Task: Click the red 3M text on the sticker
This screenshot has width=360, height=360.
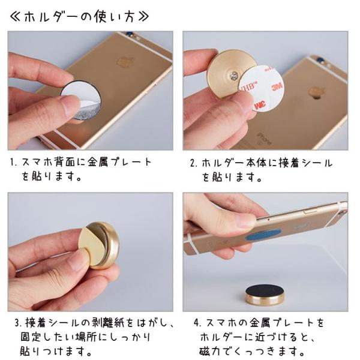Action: pos(277,86)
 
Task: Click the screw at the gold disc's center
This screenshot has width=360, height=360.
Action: pos(234,75)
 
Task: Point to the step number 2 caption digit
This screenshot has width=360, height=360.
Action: pos(193,163)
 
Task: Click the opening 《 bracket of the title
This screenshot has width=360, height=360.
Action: pos(16,17)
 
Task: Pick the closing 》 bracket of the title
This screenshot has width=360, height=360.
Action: pos(143,17)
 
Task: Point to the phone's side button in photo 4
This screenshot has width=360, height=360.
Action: pos(311,211)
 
